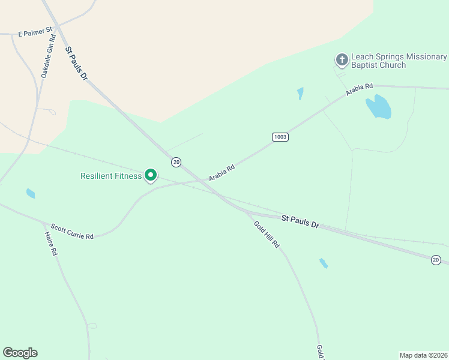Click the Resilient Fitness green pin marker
coord(151,175)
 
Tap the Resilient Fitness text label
coord(111,176)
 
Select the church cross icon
coord(342,59)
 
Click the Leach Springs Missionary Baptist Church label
coord(399,61)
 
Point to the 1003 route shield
coord(280,137)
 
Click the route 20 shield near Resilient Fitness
coord(176,162)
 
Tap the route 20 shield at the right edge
coord(436,259)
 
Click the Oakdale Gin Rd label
coord(48,56)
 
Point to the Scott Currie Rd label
coord(72,232)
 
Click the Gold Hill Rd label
coord(267,235)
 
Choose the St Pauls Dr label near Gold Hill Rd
coord(300,222)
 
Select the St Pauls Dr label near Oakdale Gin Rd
coord(77,65)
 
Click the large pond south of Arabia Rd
coord(379,107)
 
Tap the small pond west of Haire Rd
coord(31,193)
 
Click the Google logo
coord(20,353)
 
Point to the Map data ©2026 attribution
coord(423,355)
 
